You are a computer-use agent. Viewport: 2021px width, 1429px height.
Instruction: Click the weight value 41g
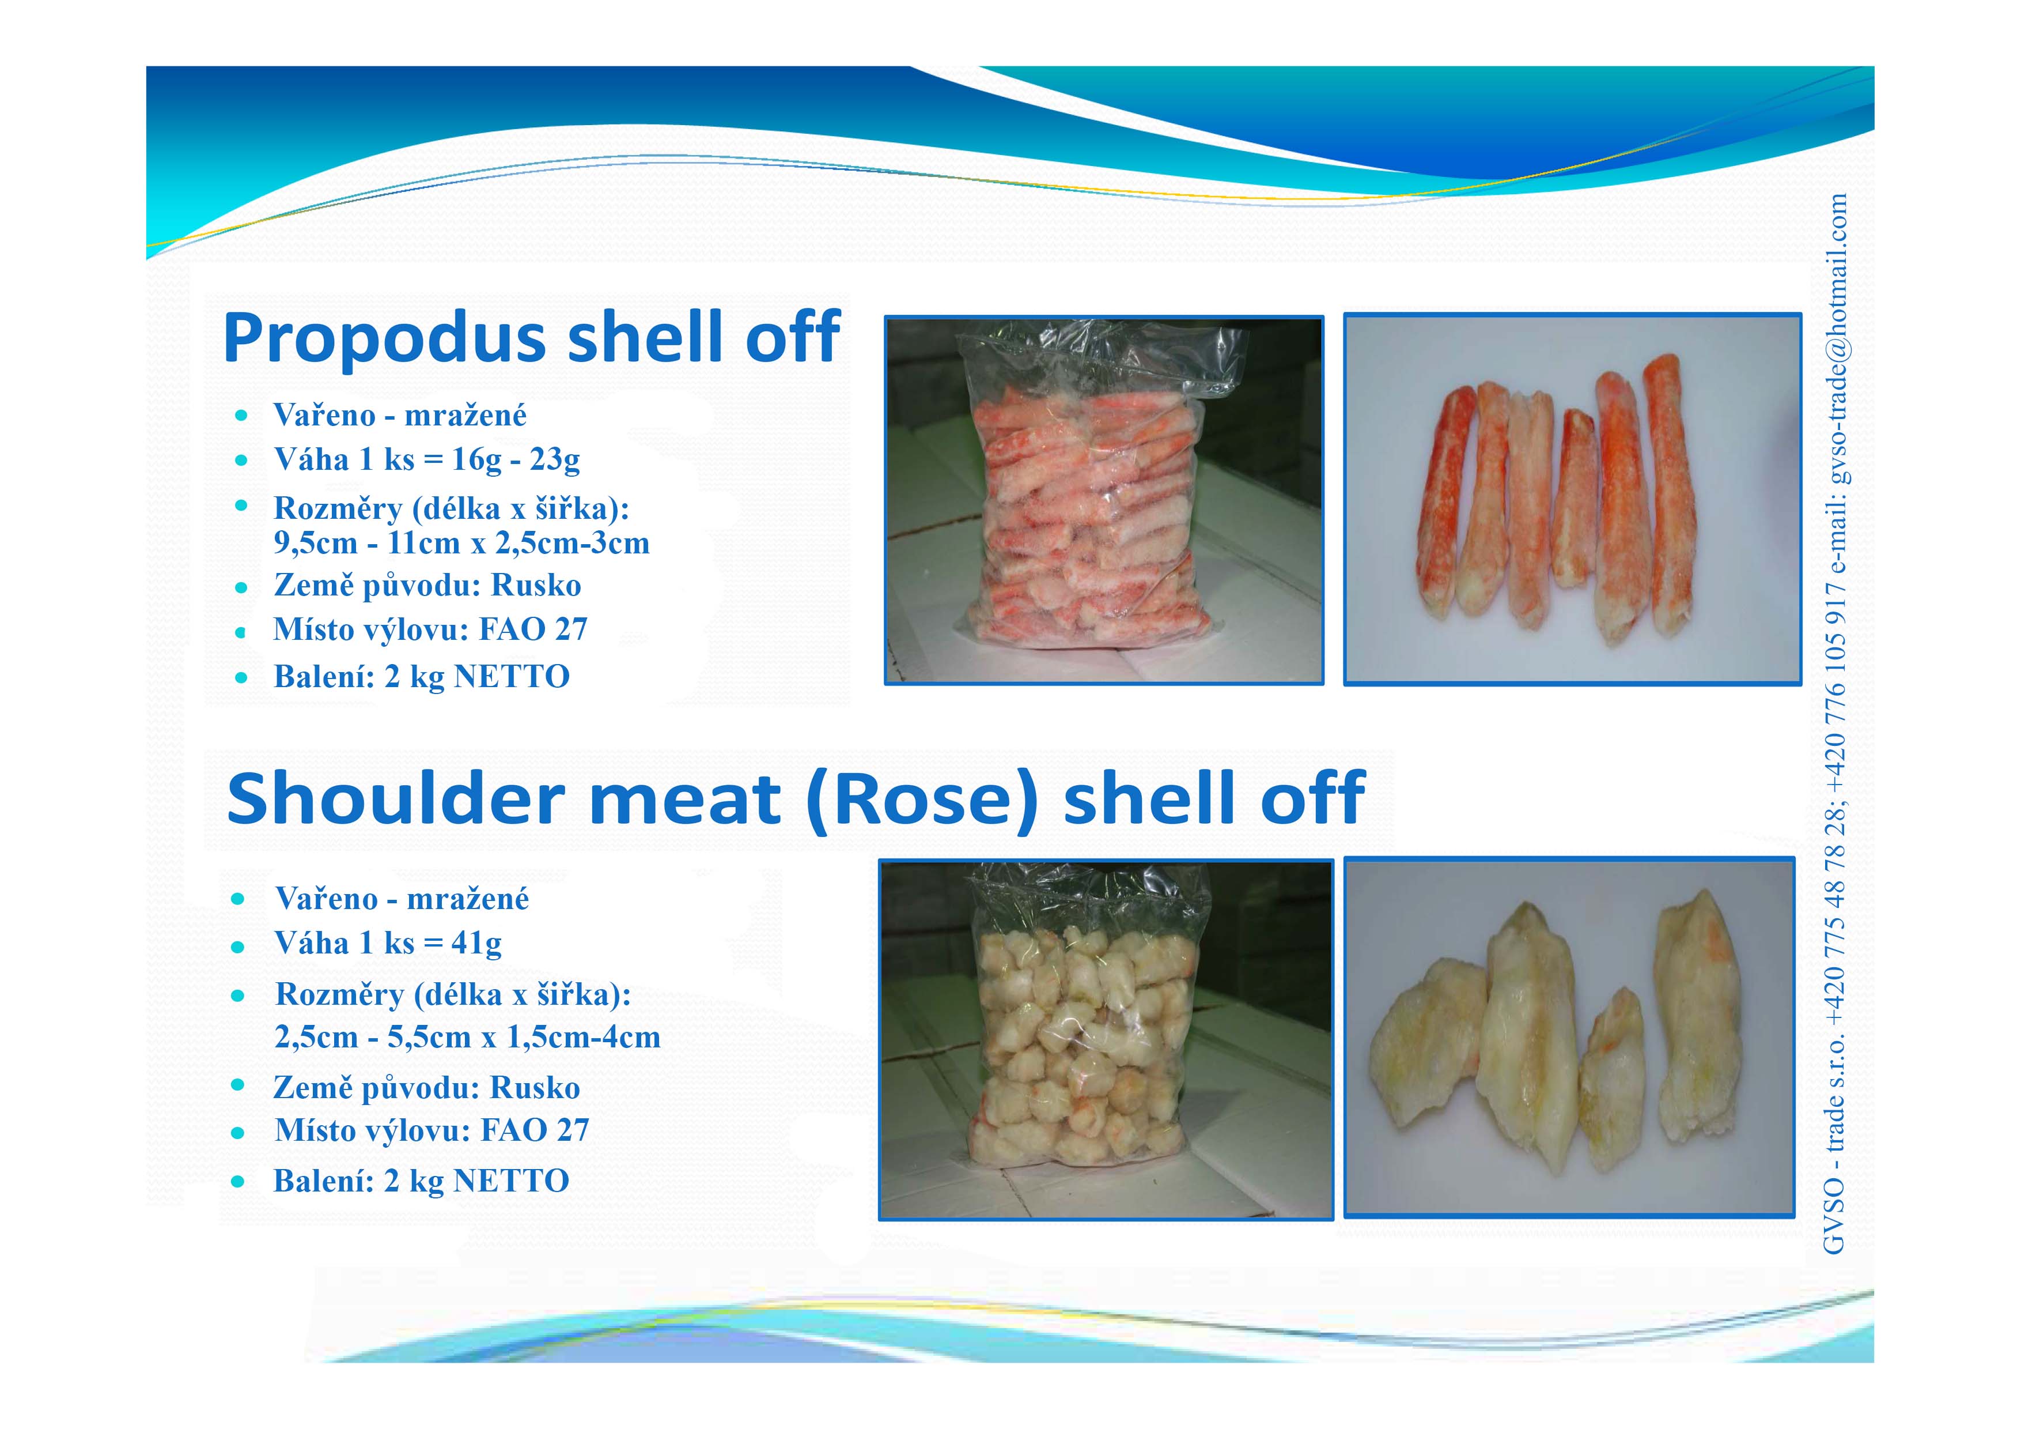tap(476, 944)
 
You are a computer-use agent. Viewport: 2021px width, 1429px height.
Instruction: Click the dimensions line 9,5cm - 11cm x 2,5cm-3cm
tap(461, 543)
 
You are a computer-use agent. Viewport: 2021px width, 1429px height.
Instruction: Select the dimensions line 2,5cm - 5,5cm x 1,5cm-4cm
tap(467, 1037)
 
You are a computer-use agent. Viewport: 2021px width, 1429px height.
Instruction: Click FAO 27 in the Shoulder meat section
tap(535, 1130)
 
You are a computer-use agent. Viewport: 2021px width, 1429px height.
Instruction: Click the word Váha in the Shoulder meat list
tap(312, 944)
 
